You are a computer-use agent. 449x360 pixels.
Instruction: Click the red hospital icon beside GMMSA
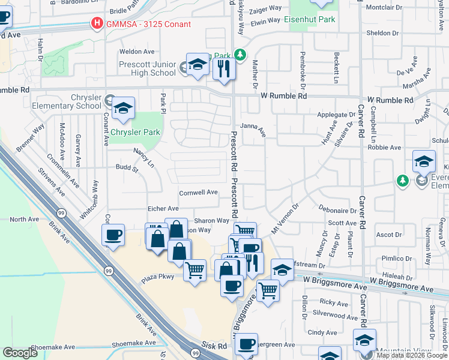click(x=96, y=24)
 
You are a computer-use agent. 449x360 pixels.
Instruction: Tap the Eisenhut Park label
click(x=311, y=19)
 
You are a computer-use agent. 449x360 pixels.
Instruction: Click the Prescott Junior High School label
click(x=146, y=69)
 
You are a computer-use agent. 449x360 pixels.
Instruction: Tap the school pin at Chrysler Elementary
click(x=123, y=109)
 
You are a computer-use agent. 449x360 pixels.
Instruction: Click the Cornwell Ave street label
click(x=198, y=193)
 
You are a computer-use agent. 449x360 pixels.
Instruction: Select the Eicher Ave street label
click(x=164, y=209)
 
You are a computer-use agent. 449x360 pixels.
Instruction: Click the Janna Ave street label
click(x=253, y=126)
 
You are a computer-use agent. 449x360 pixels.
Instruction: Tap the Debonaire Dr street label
click(x=339, y=211)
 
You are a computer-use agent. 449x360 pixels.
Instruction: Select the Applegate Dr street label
click(x=336, y=115)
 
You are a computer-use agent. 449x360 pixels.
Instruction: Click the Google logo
click(x=20, y=353)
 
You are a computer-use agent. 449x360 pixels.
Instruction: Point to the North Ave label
click(x=24, y=220)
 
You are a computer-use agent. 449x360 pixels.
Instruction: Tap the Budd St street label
click(x=127, y=170)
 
